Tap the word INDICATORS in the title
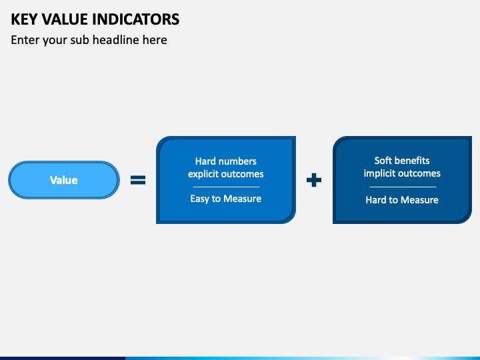point(136,19)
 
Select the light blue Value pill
point(64,180)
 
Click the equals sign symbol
point(138,180)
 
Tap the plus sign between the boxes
point(314,180)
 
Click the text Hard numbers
point(226,161)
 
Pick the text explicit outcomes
point(226,174)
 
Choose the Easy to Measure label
point(226,199)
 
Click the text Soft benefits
point(402,161)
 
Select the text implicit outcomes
point(402,173)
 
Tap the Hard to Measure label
point(402,200)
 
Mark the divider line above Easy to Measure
point(226,187)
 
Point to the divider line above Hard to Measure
point(403,187)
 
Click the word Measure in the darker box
point(419,200)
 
